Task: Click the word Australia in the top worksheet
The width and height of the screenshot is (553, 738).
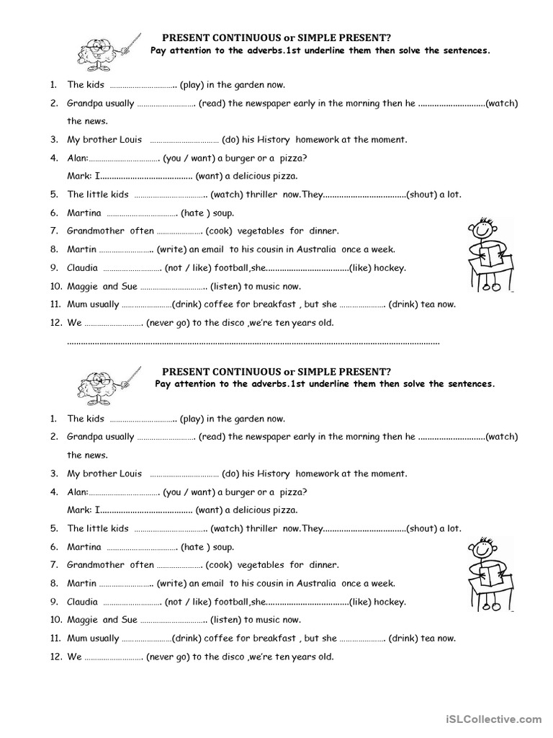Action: click(314, 249)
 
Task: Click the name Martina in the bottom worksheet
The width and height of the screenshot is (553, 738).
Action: click(84, 547)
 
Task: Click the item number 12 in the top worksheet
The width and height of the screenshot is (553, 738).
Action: click(55, 323)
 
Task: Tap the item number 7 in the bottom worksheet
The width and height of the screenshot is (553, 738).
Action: click(54, 565)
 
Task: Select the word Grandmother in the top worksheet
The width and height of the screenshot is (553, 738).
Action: click(95, 231)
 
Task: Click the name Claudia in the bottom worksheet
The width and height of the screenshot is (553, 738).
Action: click(82, 602)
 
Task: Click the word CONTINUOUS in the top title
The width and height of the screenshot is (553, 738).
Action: click(240, 37)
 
